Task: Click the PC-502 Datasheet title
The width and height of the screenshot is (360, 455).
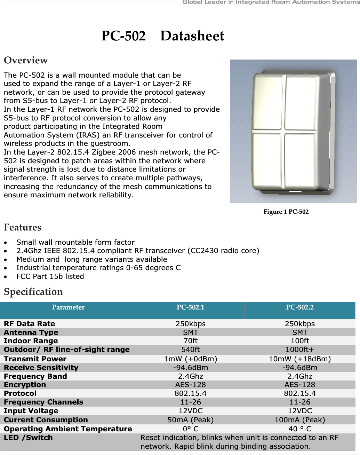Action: click(162, 36)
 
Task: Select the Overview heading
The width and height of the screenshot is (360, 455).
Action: click(26, 60)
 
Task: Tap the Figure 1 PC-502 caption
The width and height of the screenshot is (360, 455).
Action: click(286, 212)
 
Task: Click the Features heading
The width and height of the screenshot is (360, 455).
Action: click(23, 227)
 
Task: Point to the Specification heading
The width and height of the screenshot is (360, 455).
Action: click(33, 292)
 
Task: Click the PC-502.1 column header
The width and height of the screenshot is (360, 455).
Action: click(190, 307)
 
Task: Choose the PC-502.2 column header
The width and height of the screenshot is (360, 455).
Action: click(299, 307)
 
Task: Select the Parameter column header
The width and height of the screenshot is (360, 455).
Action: click(68, 307)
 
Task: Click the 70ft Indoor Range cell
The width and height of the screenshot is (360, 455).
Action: click(190, 341)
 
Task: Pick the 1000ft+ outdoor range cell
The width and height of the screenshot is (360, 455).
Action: click(299, 350)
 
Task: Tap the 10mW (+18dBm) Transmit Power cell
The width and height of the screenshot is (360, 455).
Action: click(299, 359)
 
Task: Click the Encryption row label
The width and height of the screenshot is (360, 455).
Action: click(25, 385)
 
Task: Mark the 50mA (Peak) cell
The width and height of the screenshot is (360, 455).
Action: click(190, 420)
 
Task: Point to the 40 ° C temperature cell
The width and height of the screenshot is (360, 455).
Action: click(299, 429)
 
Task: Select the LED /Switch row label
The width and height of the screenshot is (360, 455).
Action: click(28, 438)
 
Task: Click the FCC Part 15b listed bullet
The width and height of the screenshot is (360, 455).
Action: click(50, 276)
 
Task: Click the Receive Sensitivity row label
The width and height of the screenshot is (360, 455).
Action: click(41, 368)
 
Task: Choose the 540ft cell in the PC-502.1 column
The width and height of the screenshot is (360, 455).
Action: click(190, 350)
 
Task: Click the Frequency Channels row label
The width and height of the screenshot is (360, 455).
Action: click(43, 402)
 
